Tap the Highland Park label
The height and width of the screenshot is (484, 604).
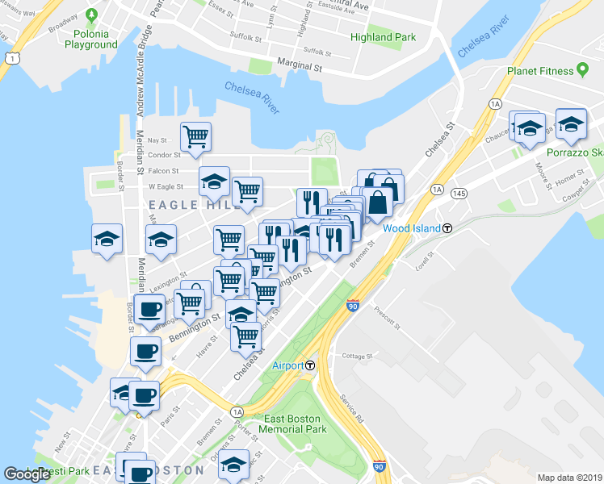pos(384,37)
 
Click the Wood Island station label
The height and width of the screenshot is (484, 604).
pos(412,228)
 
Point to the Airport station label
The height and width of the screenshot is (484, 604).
pos(287,365)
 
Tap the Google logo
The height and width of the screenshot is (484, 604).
pos(27,474)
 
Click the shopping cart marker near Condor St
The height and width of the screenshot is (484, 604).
pos(195,138)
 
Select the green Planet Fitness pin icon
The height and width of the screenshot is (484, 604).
pos(581,70)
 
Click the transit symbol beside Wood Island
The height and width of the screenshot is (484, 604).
pos(447,228)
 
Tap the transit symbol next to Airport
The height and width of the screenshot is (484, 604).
pos(310,365)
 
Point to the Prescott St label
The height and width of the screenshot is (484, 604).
pos(387,316)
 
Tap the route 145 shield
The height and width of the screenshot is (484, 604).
pos(459,193)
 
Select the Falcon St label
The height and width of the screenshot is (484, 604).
pos(164,170)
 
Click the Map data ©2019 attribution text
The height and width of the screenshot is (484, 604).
pos(569,478)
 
